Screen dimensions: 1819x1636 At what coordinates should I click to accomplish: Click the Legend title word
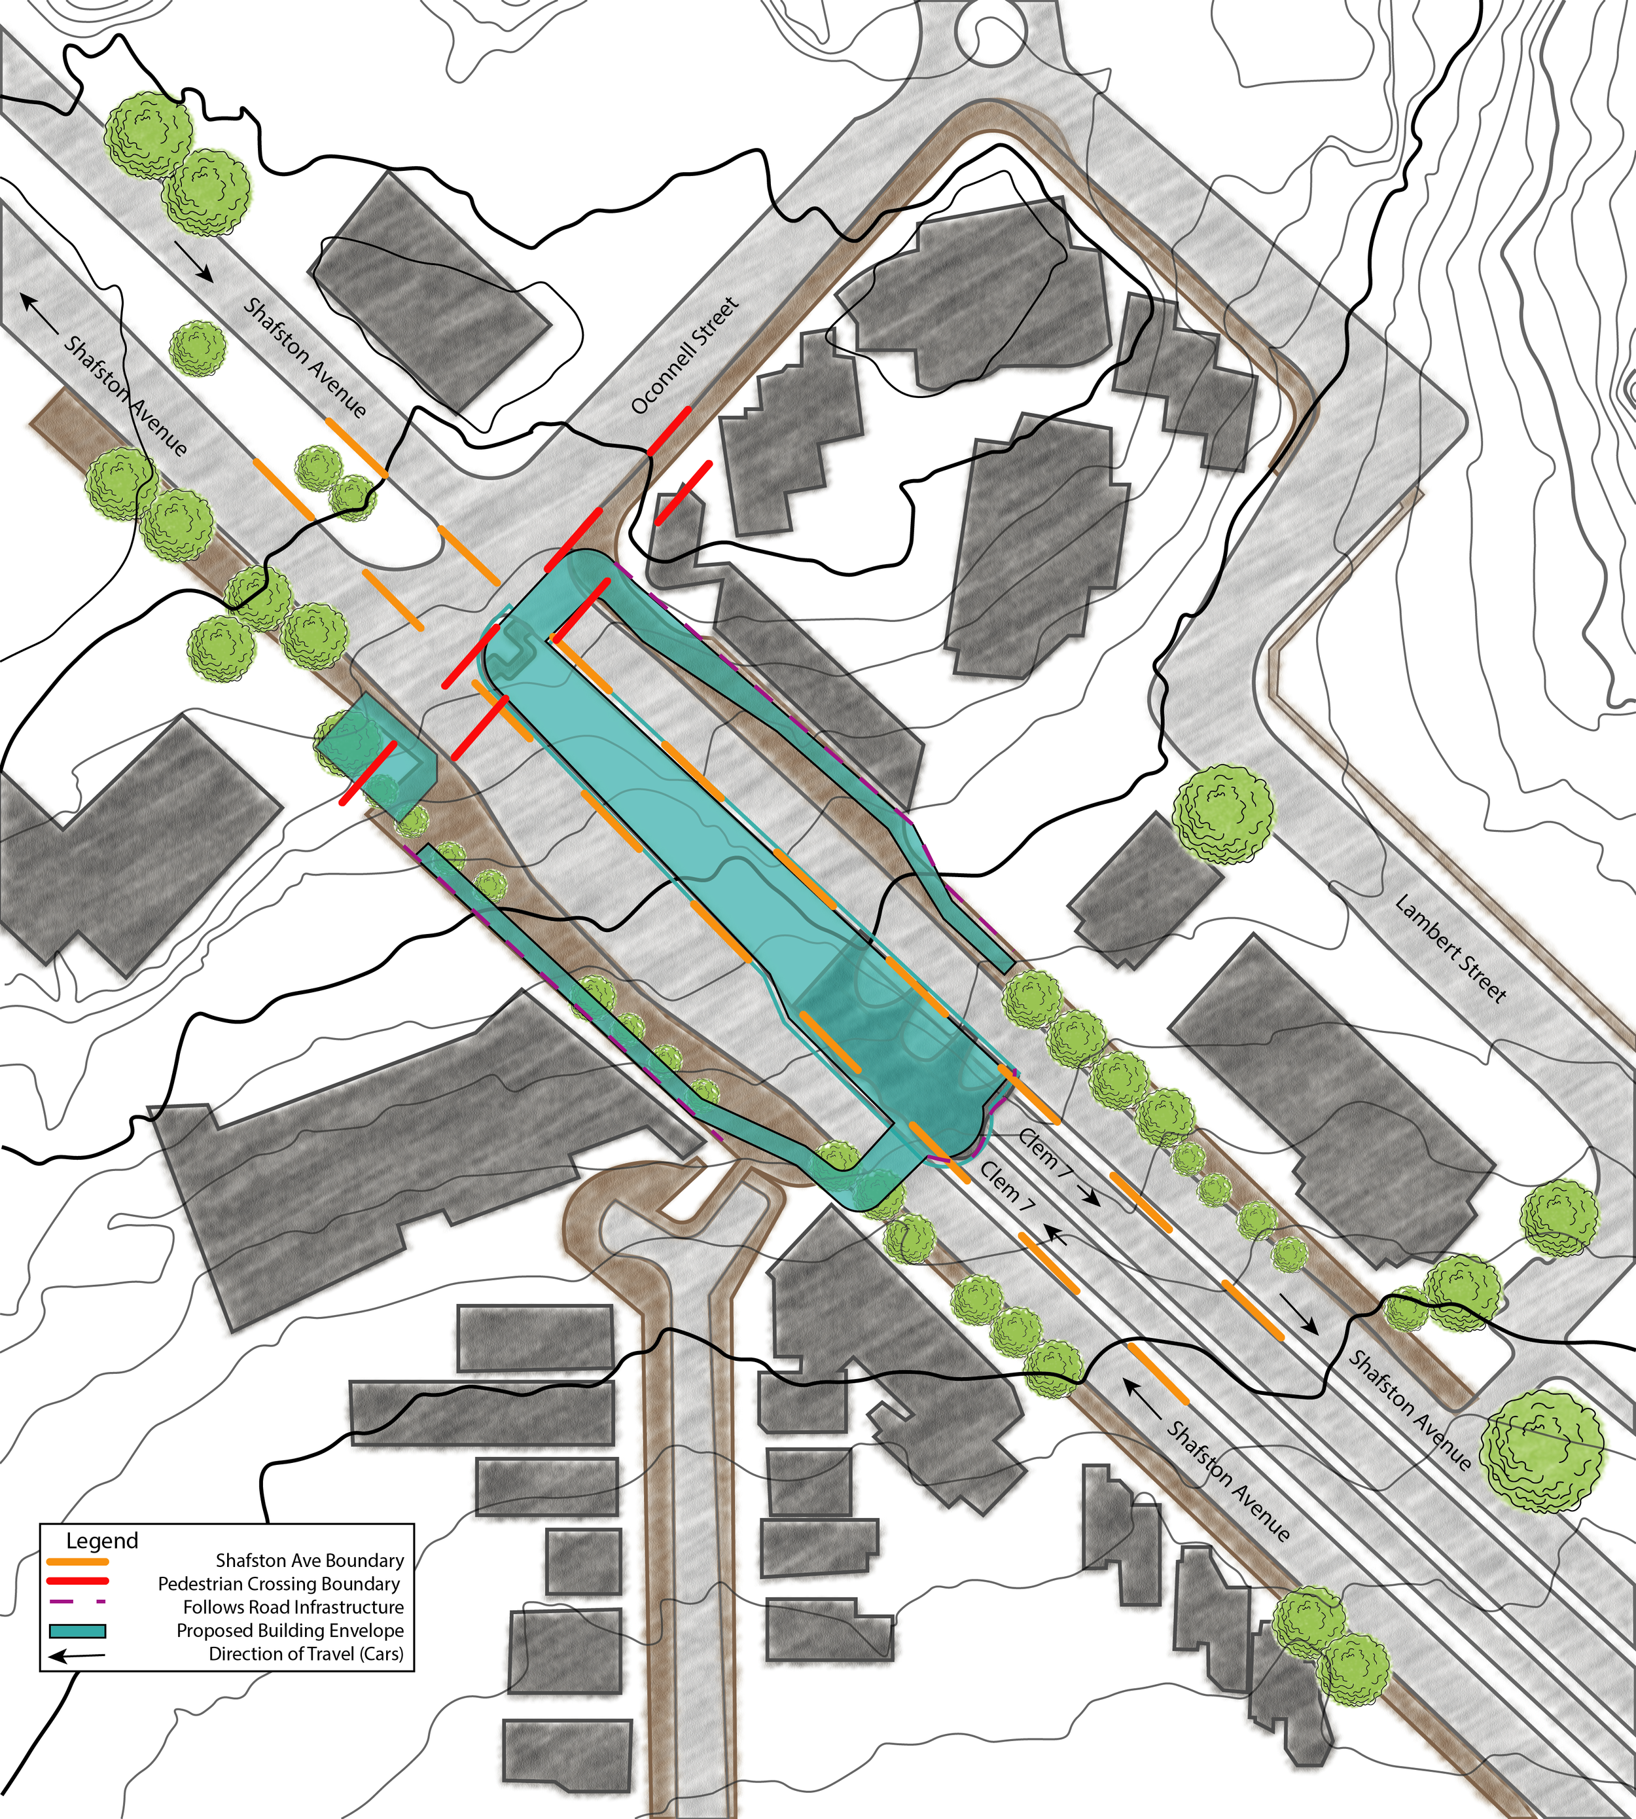click(101, 1540)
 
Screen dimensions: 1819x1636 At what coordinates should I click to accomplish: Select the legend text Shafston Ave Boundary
click(310, 1561)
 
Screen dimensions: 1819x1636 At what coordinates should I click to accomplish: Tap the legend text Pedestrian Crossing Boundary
click(279, 1584)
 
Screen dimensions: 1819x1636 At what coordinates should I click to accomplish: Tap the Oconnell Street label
click(684, 356)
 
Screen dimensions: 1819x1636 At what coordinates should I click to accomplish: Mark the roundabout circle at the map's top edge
click(989, 27)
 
